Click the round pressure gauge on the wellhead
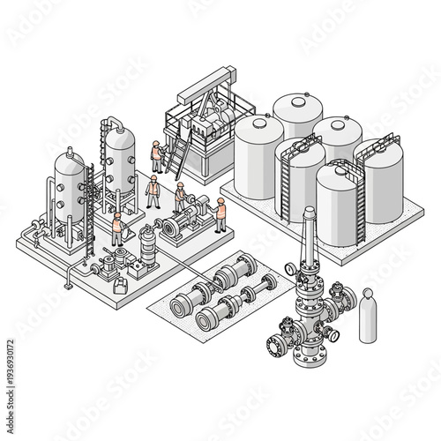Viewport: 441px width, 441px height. tap(291, 268)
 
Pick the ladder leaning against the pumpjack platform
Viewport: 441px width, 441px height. tap(178, 159)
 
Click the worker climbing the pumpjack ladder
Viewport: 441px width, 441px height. tap(157, 157)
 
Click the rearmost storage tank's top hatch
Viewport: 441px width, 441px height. tap(296, 99)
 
